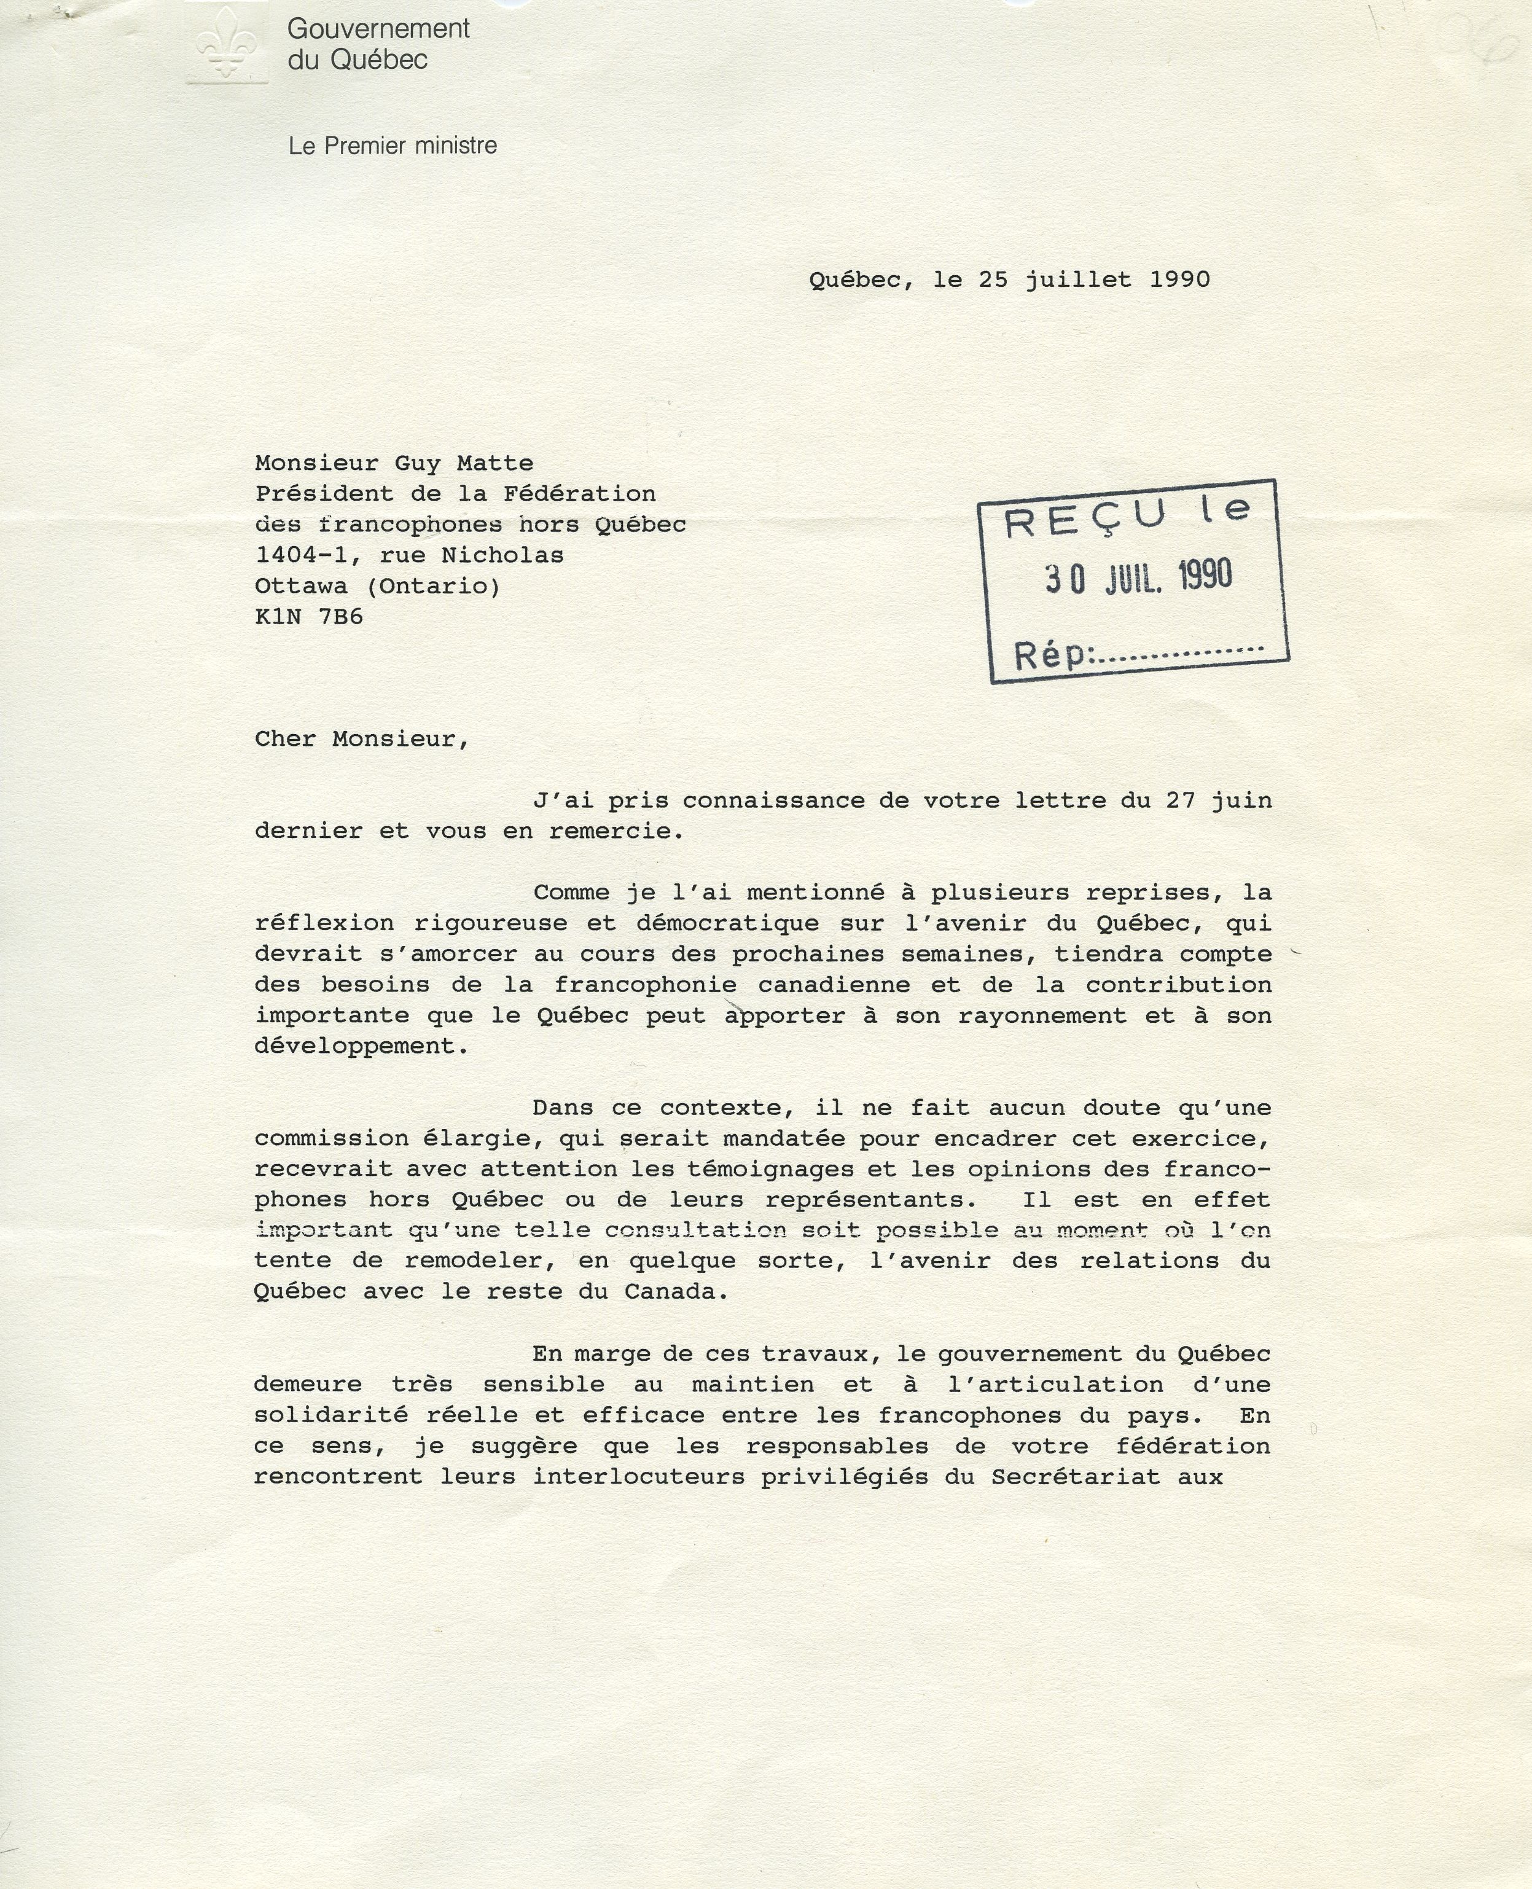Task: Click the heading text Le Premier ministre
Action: [392, 146]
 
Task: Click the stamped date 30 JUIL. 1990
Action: [1138, 577]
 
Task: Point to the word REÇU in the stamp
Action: [1085, 519]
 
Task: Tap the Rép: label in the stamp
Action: [1053, 655]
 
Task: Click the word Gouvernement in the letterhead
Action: [378, 29]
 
